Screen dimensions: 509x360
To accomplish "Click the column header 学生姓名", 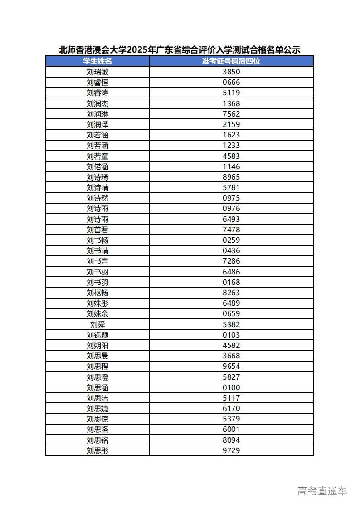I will coord(97,61).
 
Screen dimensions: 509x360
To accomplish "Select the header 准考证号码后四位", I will coord(231,61).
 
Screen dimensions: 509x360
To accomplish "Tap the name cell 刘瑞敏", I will coord(97,72).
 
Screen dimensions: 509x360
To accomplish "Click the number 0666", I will coord(231,82).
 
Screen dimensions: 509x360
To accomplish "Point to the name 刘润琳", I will coord(97,114).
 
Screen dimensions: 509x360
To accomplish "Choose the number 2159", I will coord(231,124).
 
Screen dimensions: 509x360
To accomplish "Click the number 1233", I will coord(231,145).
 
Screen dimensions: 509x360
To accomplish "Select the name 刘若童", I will coord(97,156).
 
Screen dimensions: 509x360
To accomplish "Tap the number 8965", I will coord(231,177).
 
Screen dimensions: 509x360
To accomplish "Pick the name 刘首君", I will coord(97,230).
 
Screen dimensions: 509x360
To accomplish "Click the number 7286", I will coord(231,261).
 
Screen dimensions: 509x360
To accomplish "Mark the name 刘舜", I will coord(97,324).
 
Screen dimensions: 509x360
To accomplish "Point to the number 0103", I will coord(231,335).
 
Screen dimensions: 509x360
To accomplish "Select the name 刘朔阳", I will coord(97,345).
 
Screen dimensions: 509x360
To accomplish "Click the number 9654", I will coord(231,366).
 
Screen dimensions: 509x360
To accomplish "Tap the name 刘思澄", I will coord(97,377).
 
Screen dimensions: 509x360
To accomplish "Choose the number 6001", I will coord(231,429).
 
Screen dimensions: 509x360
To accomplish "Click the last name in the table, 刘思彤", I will coord(97,450).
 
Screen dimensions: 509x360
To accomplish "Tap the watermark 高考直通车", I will coord(322,491).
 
